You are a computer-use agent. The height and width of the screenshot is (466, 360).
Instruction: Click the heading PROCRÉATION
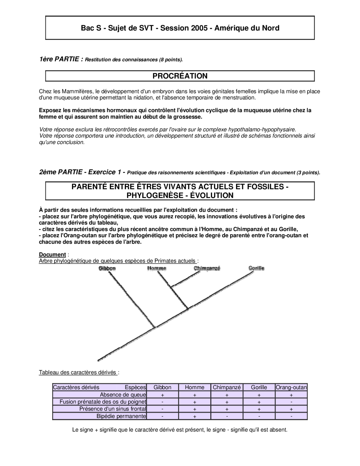click(x=180, y=76)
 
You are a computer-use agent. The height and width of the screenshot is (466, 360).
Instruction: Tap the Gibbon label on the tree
click(x=107, y=268)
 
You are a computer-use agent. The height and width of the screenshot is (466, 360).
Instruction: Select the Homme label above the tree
click(x=157, y=268)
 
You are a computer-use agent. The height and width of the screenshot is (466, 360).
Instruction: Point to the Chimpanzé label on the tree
click(x=207, y=268)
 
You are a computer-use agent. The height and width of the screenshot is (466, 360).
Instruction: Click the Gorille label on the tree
click(x=256, y=268)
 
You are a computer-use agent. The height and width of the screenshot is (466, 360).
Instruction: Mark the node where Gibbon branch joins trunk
click(x=155, y=327)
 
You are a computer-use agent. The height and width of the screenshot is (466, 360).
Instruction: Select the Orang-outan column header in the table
click(x=291, y=387)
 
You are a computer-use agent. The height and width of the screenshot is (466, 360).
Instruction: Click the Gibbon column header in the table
click(x=162, y=387)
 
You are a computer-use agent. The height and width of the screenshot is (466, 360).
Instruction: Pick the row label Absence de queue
click(x=123, y=395)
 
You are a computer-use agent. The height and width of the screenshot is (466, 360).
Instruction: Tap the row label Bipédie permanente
click(x=121, y=416)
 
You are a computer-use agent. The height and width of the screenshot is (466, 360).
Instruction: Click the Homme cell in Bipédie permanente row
click(x=195, y=416)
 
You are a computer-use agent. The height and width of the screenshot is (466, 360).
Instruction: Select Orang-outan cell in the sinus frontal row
click(x=291, y=409)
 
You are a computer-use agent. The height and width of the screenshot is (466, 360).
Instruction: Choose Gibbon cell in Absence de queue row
click(x=162, y=395)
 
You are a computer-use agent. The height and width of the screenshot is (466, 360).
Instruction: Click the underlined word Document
click(x=52, y=255)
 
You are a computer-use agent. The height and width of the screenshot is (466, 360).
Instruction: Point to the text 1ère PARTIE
click(x=61, y=59)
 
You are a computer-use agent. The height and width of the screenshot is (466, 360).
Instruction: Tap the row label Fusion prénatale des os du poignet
click(x=103, y=402)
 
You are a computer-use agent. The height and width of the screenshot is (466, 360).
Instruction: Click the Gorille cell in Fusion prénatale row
click(x=259, y=402)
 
